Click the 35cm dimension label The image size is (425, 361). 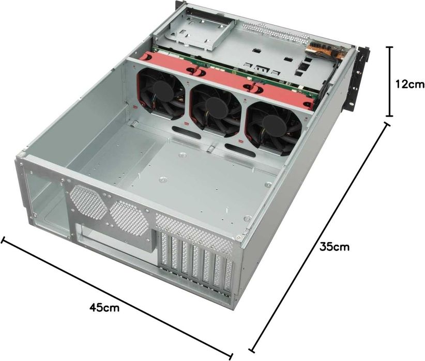334,247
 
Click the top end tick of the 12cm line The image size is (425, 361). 390,48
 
